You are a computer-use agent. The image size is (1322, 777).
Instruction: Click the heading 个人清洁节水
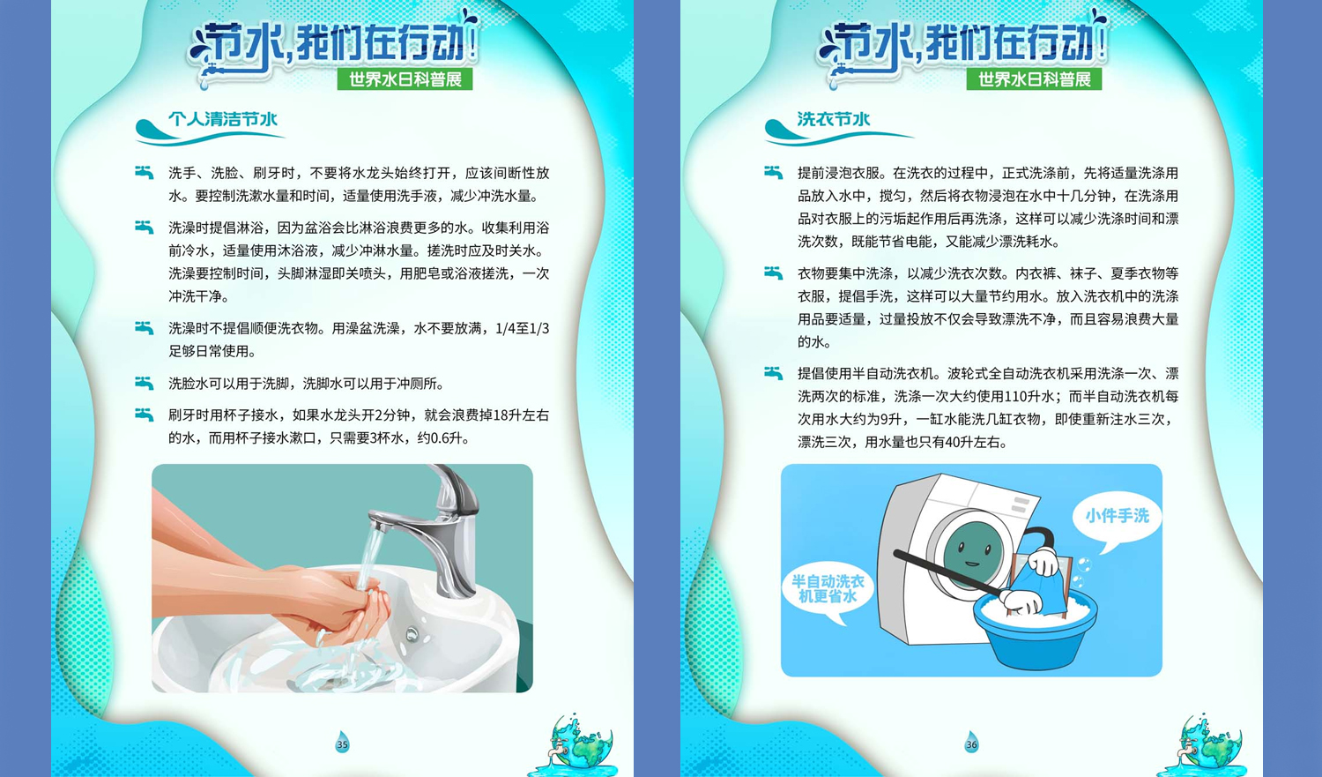(222, 119)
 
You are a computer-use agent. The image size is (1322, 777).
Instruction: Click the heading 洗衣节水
(834, 119)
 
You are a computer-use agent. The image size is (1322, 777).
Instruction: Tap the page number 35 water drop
(342, 743)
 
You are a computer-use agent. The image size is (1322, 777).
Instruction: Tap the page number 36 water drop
(971, 743)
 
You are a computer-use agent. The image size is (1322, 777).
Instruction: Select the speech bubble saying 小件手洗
(1117, 519)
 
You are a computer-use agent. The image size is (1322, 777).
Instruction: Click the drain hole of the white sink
(412, 635)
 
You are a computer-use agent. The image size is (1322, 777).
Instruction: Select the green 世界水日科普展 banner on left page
(405, 79)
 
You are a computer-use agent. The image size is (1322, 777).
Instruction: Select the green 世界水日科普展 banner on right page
(1034, 79)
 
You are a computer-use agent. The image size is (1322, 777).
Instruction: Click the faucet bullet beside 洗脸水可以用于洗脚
(144, 383)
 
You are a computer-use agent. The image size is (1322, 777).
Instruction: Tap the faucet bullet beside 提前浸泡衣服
(773, 172)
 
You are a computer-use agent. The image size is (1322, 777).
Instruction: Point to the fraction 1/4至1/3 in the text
(523, 328)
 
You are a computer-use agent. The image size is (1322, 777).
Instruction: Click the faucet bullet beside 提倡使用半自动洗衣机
(773, 373)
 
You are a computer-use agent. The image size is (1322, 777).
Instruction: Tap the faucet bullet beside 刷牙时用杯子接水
(144, 415)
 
